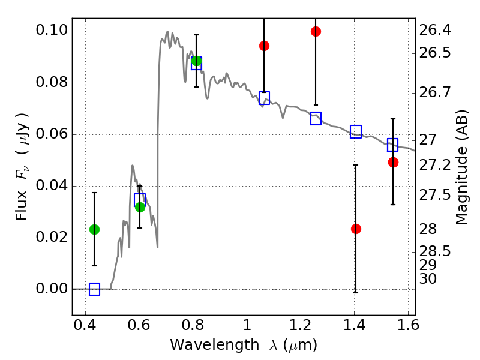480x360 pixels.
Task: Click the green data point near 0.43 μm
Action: click(94, 229)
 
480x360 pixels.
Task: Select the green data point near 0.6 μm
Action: click(140, 207)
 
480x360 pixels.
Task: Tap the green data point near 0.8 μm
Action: click(196, 61)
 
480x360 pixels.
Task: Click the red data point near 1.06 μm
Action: click(264, 46)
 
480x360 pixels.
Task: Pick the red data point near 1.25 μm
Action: click(316, 31)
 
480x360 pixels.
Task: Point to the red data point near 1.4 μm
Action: click(356, 229)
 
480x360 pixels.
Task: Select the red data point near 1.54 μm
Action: click(393, 162)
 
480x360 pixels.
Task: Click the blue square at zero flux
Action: click(94, 289)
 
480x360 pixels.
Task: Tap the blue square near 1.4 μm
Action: click(356, 132)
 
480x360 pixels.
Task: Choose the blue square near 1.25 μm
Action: click(316, 118)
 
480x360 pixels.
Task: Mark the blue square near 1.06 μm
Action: click(264, 98)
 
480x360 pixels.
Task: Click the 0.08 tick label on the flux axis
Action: click(52, 83)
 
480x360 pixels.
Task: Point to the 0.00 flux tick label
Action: click(52, 289)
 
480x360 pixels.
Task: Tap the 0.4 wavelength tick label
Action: click(86, 327)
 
